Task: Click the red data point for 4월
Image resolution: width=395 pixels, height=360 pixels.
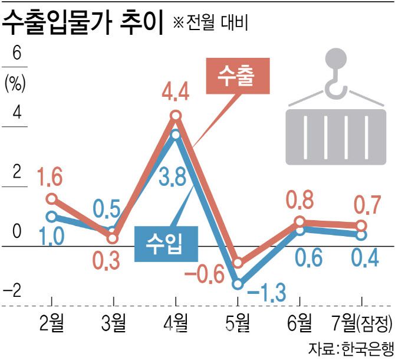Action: (x=176, y=116)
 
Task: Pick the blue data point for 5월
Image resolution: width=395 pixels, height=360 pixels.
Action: (x=238, y=284)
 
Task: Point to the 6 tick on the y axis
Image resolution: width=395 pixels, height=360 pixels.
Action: (x=17, y=53)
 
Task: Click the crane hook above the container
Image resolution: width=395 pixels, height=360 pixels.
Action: (x=337, y=77)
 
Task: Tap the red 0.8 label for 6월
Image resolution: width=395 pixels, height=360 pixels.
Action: (x=299, y=200)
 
